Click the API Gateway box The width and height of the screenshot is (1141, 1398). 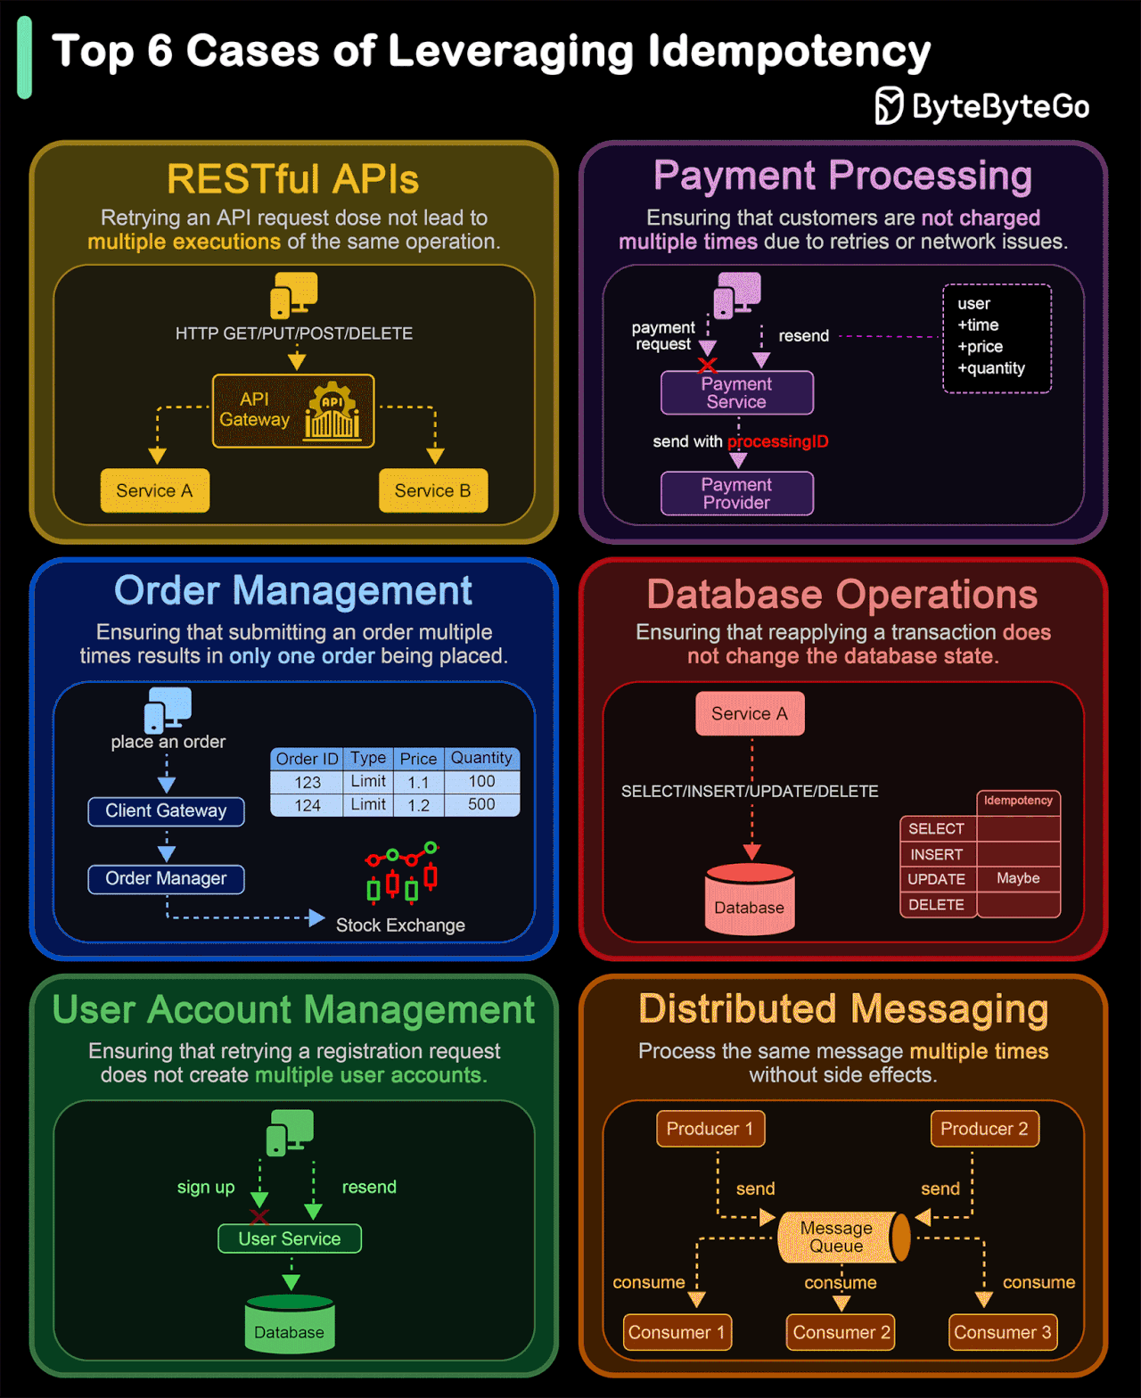pyautogui.click(x=293, y=411)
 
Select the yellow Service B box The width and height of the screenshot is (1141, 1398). pyautogui.click(x=433, y=490)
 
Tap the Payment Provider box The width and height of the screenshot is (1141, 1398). pyautogui.click(x=736, y=494)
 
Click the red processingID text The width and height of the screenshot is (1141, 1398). pyautogui.click(x=778, y=441)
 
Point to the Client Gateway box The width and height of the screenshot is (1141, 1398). pyautogui.click(x=166, y=811)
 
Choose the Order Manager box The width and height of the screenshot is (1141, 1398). pyautogui.click(x=166, y=879)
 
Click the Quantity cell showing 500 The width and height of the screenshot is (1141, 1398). pyautogui.click(x=481, y=804)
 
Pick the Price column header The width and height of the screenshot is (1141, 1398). pyautogui.click(x=418, y=759)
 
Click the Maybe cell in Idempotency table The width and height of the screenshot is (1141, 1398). pyautogui.click(x=1018, y=879)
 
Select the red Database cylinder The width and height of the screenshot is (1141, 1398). pyautogui.click(x=750, y=900)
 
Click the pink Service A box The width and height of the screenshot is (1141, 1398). pyautogui.click(x=750, y=713)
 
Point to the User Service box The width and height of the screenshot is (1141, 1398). pyautogui.click(x=290, y=1238)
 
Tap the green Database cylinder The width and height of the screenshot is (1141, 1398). pyautogui.click(x=290, y=1324)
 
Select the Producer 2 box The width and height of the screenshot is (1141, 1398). pyautogui.click(x=984, y=1129)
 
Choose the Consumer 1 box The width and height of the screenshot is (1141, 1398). pyautogui.click(x=677, y=1332)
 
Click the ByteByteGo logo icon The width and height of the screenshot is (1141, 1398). pyautogui.click(x=889, y=106)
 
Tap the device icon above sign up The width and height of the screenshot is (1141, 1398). pyautogui.click(x=290, y=1132)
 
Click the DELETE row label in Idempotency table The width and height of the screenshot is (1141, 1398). pyautogui.click(x=937, y=905)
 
